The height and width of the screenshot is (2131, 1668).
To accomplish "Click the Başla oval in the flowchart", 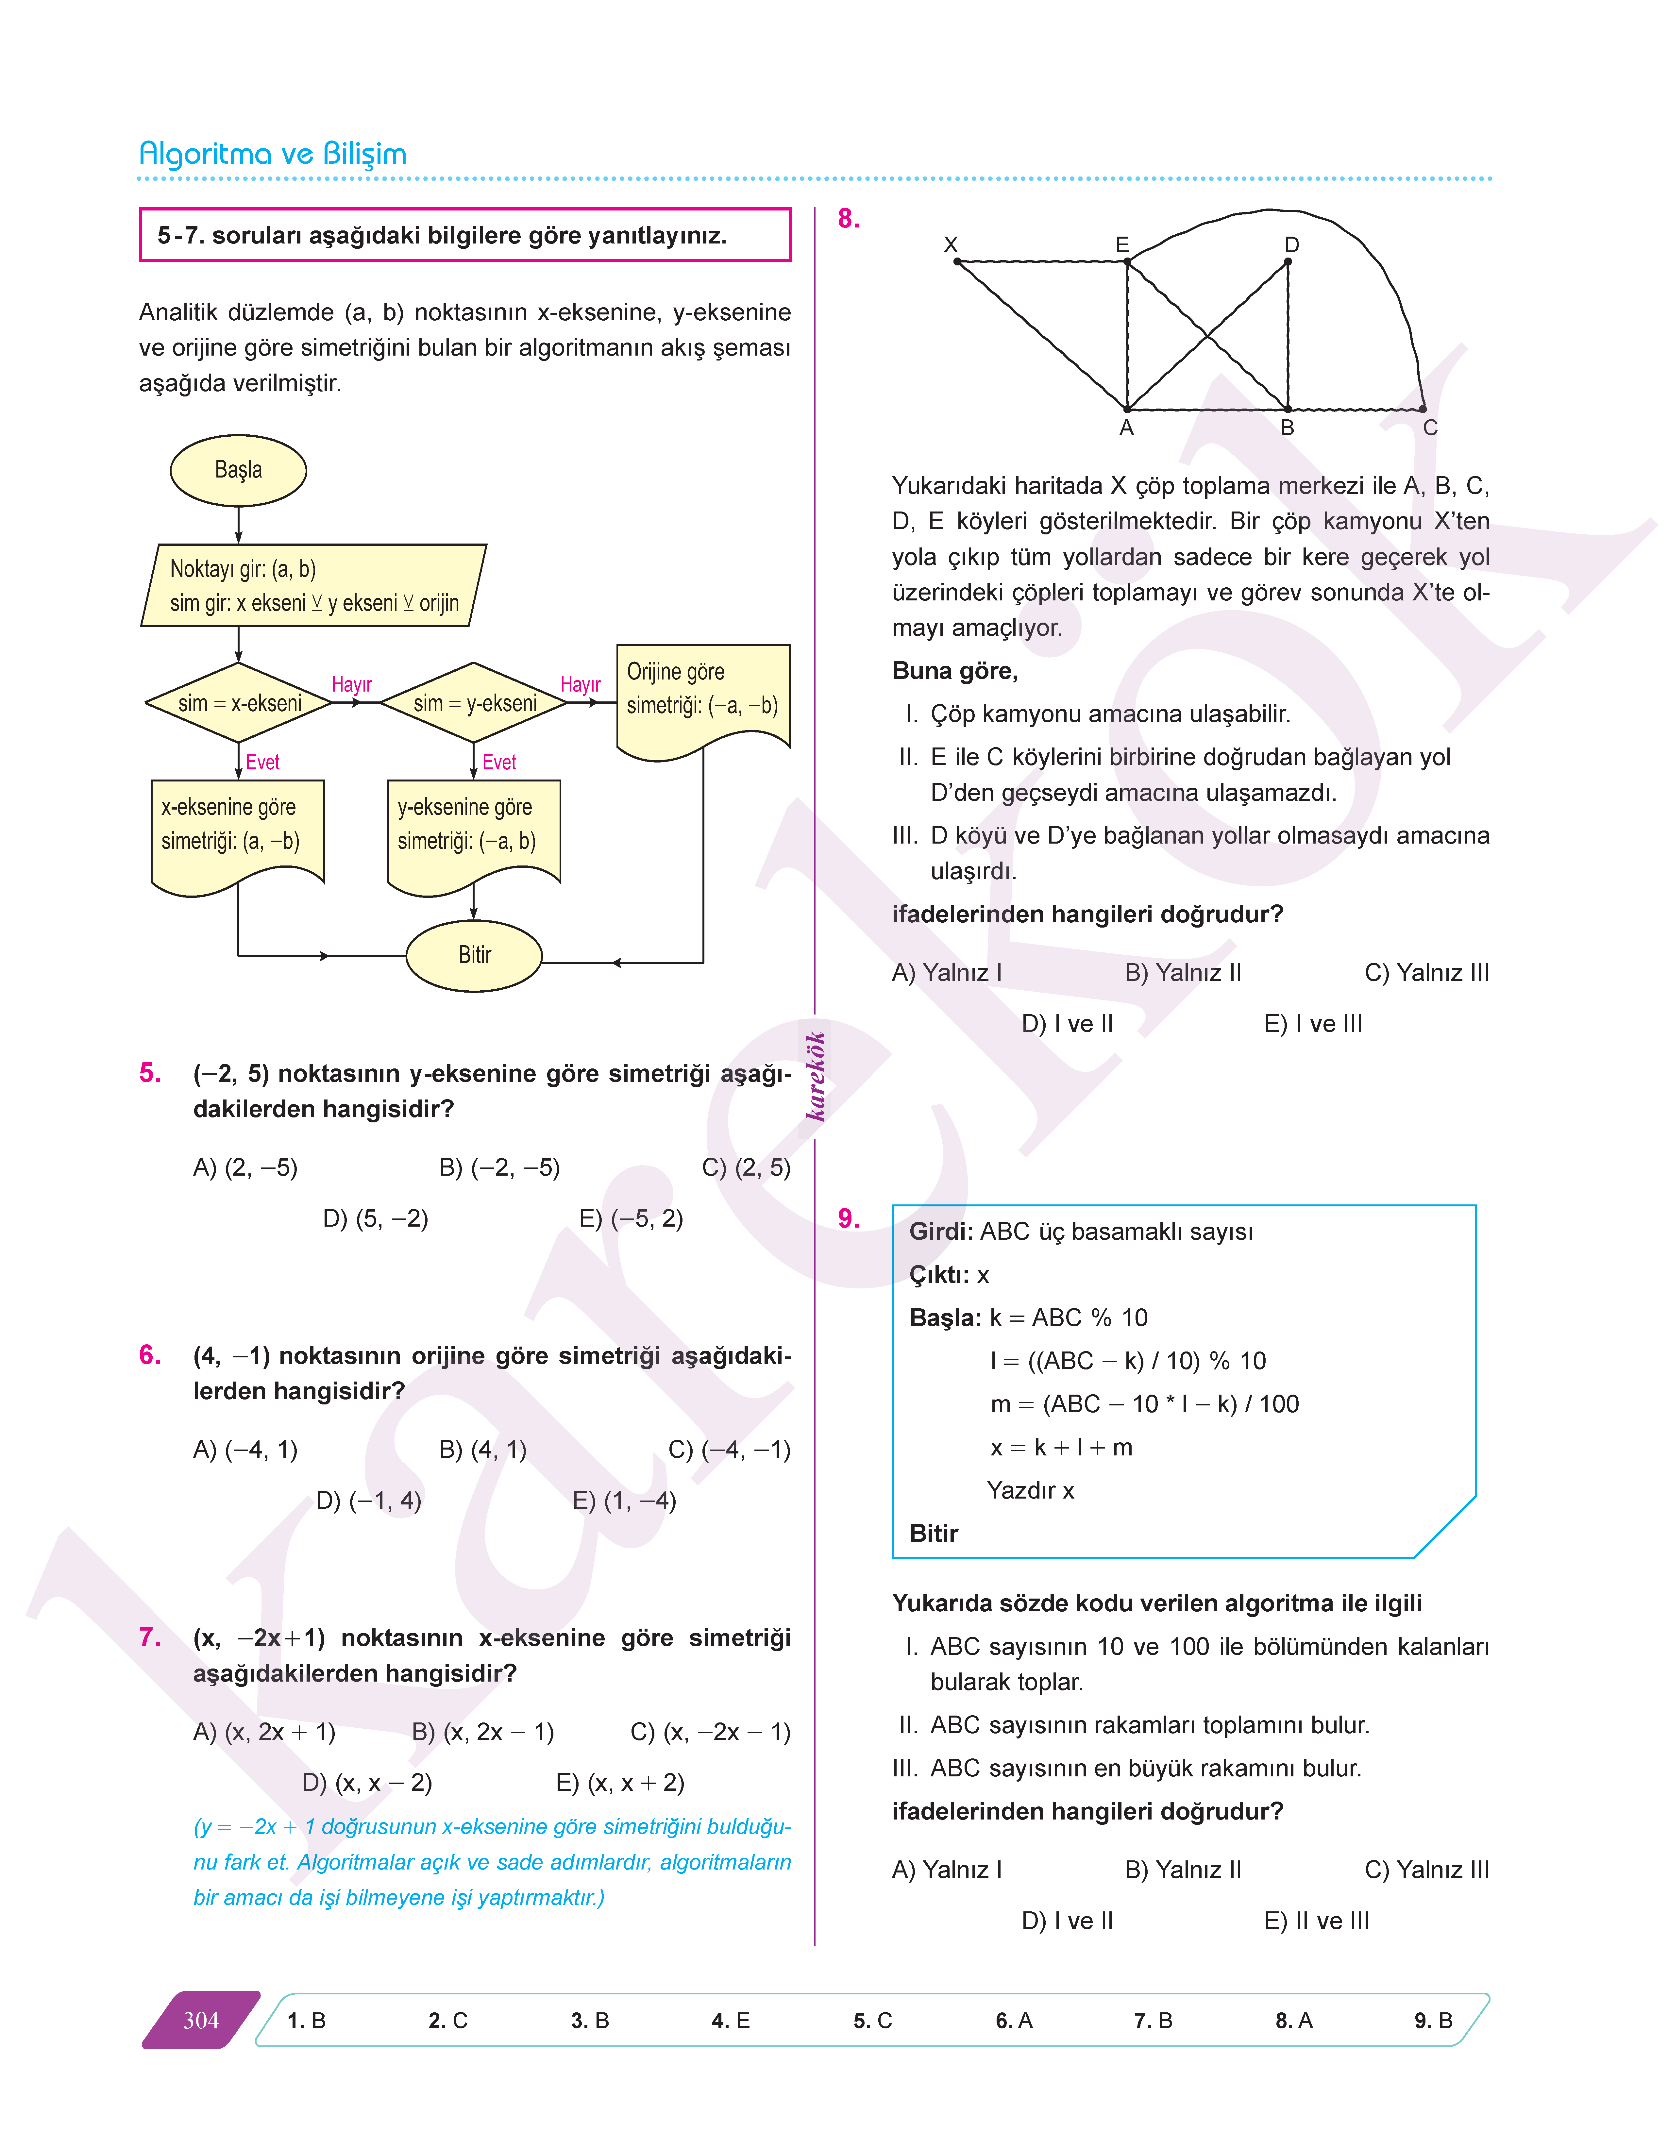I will click(238, 470).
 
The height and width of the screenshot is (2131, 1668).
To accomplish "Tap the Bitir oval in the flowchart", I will click(475, 955).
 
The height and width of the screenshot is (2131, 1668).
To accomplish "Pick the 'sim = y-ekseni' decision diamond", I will click(475, 703).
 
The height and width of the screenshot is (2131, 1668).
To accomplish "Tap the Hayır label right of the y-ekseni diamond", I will click(580, 685).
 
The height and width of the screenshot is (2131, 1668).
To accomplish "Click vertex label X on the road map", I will click(950, 245).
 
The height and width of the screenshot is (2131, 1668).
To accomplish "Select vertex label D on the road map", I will click(1291, 245).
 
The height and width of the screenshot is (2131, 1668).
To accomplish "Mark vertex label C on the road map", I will click(1430, 428).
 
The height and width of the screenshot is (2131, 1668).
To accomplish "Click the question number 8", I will click(849, 219).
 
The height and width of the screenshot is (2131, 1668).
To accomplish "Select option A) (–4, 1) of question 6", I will click(245, 1449).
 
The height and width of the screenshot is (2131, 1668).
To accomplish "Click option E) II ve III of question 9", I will click(1316, 1921).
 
